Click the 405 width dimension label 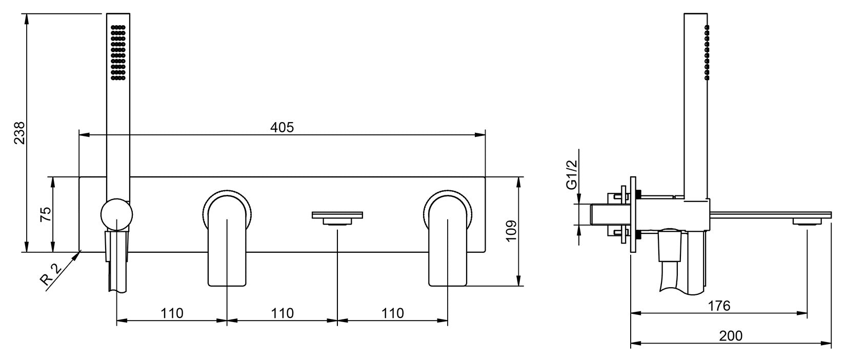[x=282, y=127]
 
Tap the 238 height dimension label [x=19, y=133]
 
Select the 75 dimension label [x=46, y=214]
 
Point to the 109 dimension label [x=511, y=231]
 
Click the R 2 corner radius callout [x=51, y=274]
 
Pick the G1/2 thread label [x=572, y=174]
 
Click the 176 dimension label [x=719, y=306]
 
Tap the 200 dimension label [x=731, y=336]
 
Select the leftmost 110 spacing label [x=172, y=313]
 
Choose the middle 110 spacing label [x=283, y=313]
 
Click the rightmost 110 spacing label [x=393, y=313]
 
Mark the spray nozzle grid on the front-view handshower [x=118, y=52]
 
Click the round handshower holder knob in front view [x=117, y=214]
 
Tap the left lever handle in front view [x=227, y=238]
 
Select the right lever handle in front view [x=448, y=238]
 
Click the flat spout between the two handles [x=337, y=218]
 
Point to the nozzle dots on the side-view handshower [x=707, y=52]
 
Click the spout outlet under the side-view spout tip [x=807, y=222]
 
